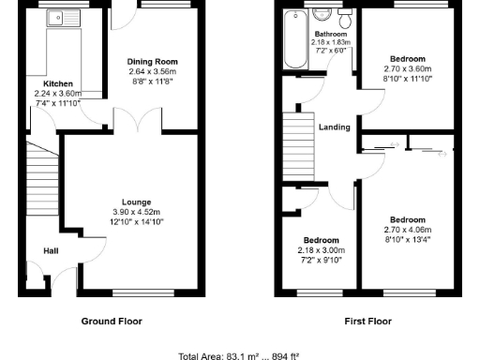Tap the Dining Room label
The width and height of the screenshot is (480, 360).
(x=151, y=62)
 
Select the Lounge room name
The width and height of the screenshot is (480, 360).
(x=136, y=202)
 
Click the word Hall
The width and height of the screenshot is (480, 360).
(x=52, y=250)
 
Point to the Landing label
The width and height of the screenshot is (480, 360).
(x=334, y=127)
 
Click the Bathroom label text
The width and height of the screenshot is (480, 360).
(x=330, y=34)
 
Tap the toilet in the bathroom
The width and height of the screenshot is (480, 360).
(x=346, y=19)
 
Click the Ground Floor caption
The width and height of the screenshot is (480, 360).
(x=111, y=321)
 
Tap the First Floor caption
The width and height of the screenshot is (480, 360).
(x=367, y=321)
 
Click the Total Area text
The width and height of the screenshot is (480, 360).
(x=240, y=355)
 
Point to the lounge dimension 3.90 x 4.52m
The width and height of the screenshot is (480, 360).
(x=136, y=212)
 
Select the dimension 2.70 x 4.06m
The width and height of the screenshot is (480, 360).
(x=408, y=230)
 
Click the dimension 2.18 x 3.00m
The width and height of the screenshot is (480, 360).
(x=321, y=250)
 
